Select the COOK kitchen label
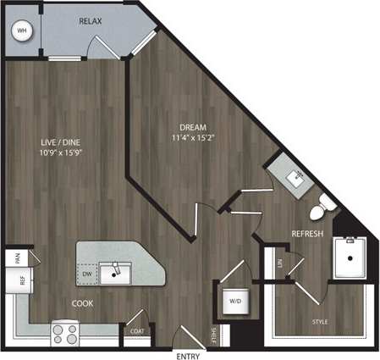coord(82,302)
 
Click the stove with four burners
coord(65,330)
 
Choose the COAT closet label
coord(136,331)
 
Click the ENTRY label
coord(187,354)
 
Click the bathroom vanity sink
coord(297,177)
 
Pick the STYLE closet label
coord(320,322)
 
